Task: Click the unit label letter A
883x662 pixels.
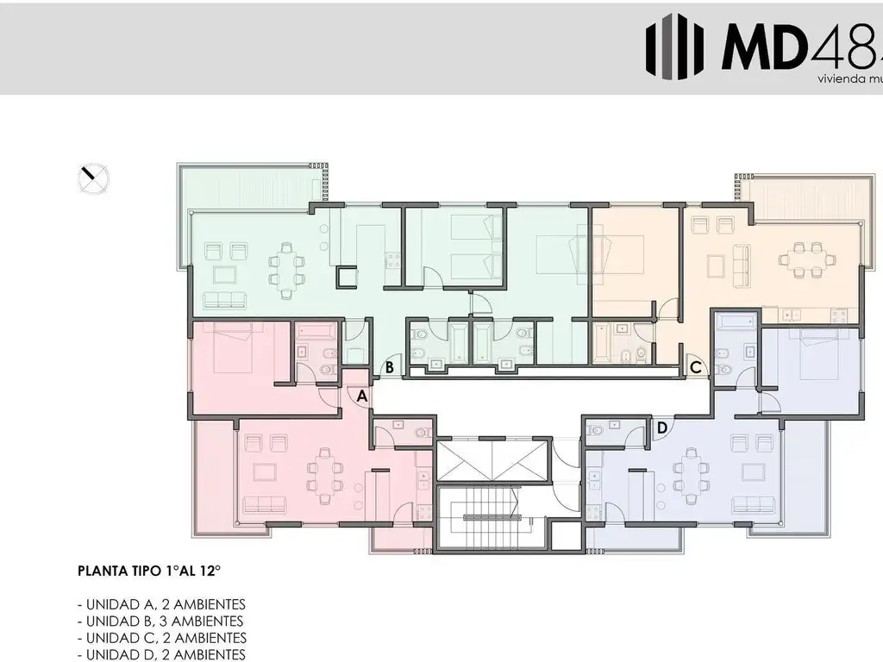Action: click(x=362, y=396)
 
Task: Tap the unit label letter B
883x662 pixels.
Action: click(x=390, y=367)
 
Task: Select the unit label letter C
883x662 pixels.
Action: click(x=695, y=367)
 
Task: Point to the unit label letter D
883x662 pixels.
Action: click(x=662, y=427)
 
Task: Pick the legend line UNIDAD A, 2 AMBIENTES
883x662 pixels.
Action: click(x=161, y=603)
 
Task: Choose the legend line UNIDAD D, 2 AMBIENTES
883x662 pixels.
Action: click(x=161, y=655)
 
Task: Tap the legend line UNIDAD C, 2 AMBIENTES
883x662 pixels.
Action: click(x=161, y=638)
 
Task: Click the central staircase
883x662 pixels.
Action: click(x=492, y=517)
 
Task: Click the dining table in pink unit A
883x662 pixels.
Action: click(x=324, y=477)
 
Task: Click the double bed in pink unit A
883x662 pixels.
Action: click(x=231, y=349)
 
